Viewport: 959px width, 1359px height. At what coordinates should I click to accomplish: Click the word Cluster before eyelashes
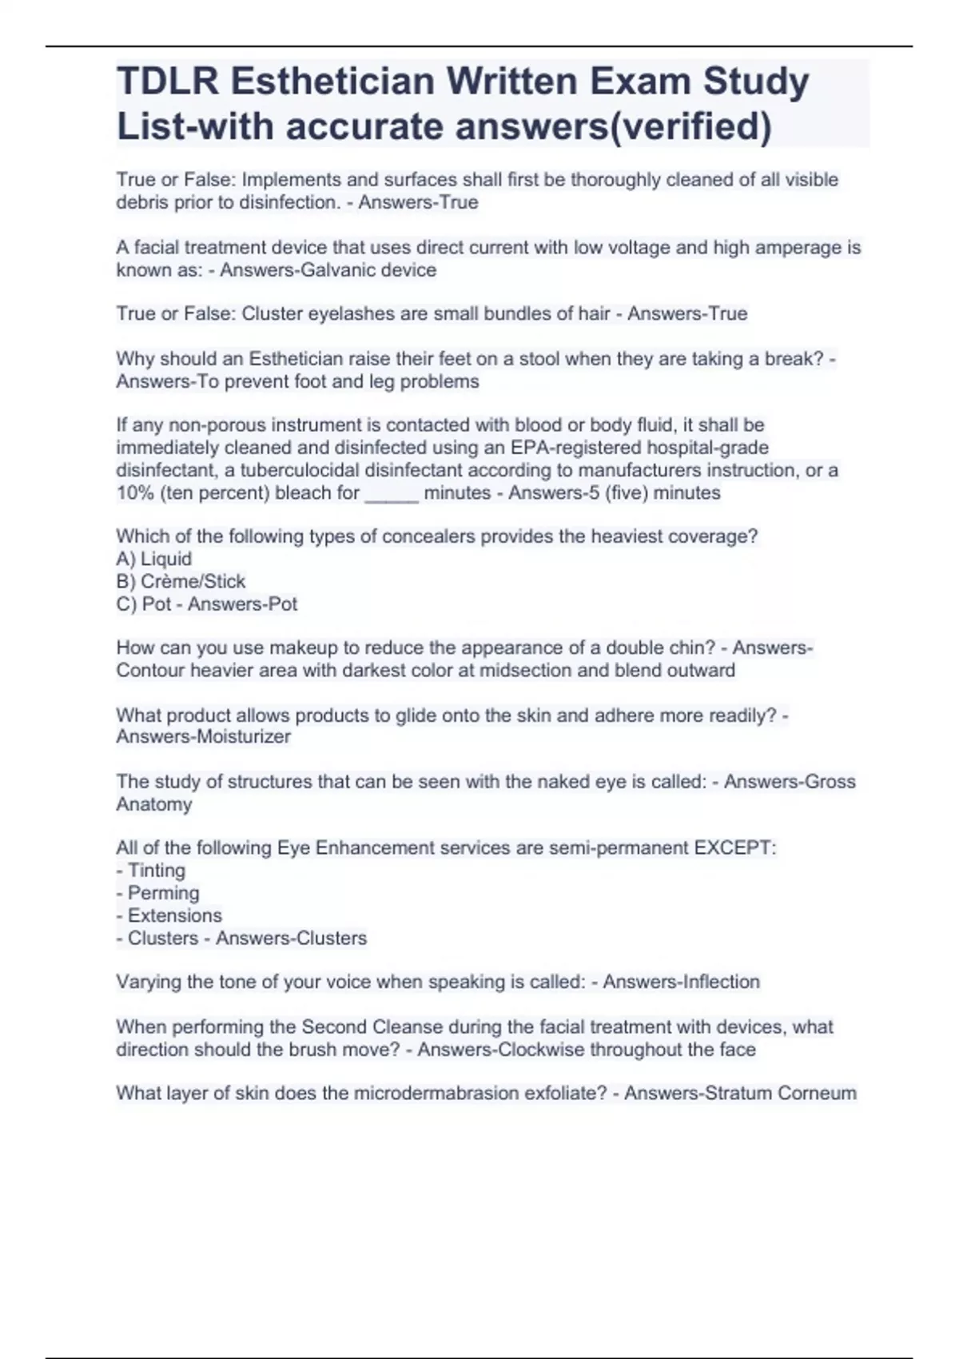(270, 313)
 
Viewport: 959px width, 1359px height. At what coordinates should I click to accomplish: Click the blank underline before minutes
(391, 493)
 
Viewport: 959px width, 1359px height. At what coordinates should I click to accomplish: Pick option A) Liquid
(154, 559)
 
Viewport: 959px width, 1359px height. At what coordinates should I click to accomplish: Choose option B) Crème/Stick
(181, 581)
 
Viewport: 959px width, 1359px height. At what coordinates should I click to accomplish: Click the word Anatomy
(154, 804)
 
